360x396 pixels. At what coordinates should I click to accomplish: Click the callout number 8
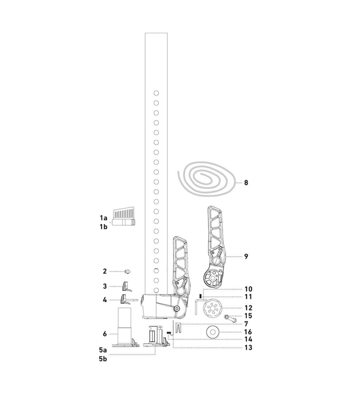click(246, 183)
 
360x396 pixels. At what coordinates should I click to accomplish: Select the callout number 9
click(246, 256)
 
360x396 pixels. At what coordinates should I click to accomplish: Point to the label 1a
click(103, 217)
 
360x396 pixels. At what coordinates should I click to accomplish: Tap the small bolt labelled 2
click(128, 271)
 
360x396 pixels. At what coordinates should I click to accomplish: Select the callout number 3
click(105, 286)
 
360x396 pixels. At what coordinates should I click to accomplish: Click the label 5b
click(103, 359)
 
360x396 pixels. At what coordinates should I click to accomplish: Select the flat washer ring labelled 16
click(214, 332)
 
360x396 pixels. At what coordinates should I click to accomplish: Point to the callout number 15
click(248, 316)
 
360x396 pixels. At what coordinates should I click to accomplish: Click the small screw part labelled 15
click(229, 318)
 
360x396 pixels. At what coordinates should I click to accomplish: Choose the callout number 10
click(248, 288)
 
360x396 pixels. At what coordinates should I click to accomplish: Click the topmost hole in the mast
click(156, 93)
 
